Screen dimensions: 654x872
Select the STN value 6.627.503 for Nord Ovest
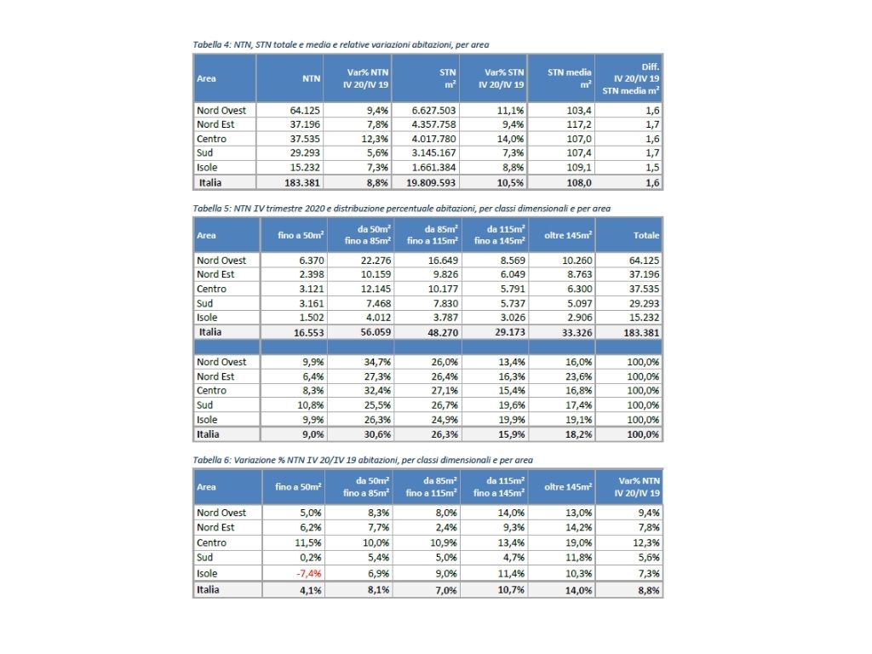point(434,110)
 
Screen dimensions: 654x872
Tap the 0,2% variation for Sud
point(310,557)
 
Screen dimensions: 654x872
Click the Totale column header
point(646,235)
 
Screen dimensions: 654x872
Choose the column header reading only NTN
point(311,78)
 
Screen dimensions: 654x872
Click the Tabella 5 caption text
point(401,208)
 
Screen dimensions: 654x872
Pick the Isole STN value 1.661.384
point(434,168)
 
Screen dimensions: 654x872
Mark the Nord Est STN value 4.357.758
point(434,124)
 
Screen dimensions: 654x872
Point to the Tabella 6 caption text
point(364,460)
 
